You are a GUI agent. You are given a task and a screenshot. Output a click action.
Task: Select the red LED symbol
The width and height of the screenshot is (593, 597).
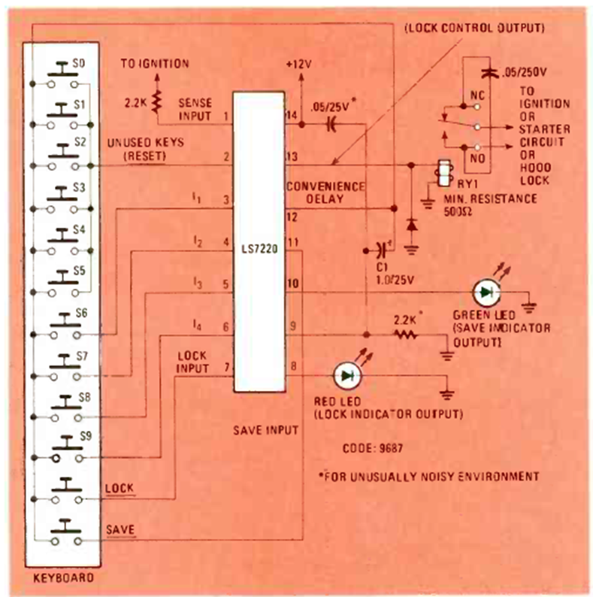tap(346, 374)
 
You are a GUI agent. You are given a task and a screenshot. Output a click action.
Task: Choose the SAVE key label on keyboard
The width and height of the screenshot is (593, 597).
tap(120, 529)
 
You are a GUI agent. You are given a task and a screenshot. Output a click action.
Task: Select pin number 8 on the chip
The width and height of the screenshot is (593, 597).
tap(293, 367)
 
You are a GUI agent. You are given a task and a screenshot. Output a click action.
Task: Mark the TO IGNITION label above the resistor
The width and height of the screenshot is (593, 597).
tap(154, 65)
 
